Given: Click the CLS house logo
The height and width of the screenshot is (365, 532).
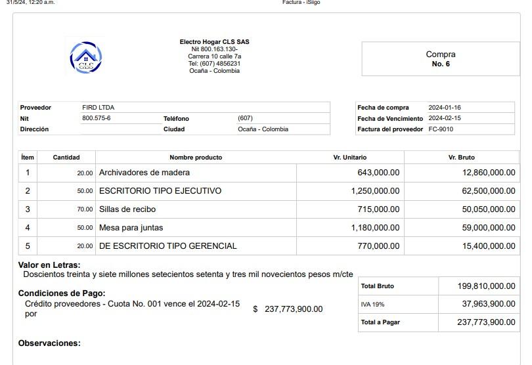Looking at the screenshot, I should coord(86,57).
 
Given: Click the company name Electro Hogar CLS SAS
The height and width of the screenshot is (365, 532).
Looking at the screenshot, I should coord(214,42).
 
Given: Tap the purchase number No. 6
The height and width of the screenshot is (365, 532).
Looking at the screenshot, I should coord(441,64).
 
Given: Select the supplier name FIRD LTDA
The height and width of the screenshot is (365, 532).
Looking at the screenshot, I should coord(99,107).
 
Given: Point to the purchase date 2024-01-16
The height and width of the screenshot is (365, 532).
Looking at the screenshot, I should coord(445,108).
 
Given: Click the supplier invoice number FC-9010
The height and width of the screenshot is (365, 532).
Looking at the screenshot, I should coord(441,129).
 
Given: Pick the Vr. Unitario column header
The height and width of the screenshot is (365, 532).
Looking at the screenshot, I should coord(350,158).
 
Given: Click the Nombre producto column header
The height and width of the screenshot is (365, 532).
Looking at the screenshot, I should coord(196,158).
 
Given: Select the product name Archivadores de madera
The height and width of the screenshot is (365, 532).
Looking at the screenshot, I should coord(144,173).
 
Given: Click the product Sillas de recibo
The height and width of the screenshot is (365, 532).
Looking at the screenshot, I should coord(127,209).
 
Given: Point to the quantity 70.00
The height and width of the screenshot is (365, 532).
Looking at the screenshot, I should coord(85,209).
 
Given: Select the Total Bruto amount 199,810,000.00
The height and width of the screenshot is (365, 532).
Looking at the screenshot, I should coord(486,286).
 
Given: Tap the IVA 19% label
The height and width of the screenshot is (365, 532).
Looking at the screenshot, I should coord(372,305).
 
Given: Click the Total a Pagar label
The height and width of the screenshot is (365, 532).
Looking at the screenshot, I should coord(380,322).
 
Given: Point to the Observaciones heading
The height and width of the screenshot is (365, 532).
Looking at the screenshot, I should coord(49,343).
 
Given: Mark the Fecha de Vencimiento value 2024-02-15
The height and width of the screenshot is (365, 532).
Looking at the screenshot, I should coord(445,118).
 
